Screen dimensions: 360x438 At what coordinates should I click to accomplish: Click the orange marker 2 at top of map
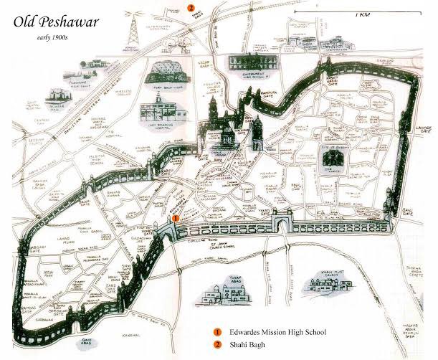pyautogui.click(x=191, y=7)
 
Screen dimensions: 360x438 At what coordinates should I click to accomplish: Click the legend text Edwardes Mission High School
pyautogui.click(x=278, y=333)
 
